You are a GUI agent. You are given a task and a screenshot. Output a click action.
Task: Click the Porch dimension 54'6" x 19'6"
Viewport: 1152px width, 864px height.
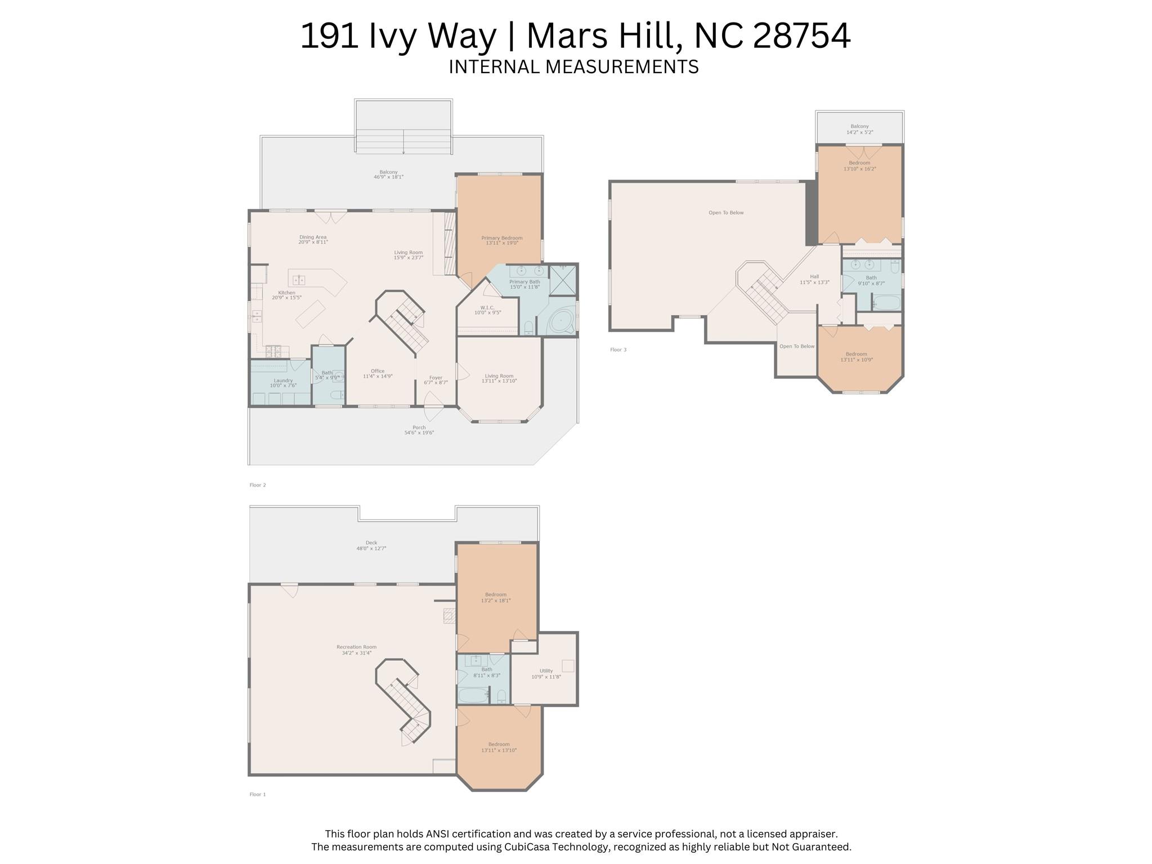(419, 433)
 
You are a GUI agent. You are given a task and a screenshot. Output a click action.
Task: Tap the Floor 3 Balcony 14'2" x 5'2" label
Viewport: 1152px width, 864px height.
(859, 129)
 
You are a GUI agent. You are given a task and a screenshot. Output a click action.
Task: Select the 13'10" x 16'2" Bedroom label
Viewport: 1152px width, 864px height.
(859, 165)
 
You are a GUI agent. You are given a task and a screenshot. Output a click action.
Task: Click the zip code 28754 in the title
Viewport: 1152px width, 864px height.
(801, 35)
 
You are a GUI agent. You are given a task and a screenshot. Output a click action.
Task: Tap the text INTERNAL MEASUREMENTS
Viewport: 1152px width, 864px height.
(573, 67)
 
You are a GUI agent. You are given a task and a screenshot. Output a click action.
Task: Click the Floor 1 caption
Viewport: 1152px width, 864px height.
(257, 794)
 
